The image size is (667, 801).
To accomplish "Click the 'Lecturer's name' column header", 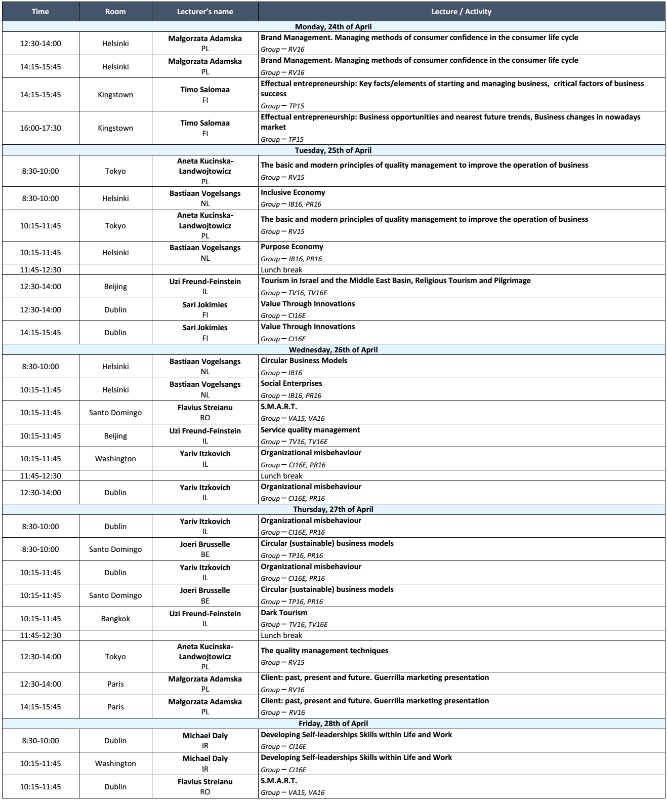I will (205, 12).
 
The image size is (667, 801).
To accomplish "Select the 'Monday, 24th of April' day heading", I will (333, 27).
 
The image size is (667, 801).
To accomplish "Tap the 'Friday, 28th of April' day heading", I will (333, 724).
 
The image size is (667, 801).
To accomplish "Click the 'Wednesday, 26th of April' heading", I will (333, 349).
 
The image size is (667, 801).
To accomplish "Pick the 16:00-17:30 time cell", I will (40, 128).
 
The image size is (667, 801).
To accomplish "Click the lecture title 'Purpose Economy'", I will (292, 247).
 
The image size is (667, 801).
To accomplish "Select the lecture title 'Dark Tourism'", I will (284, 613).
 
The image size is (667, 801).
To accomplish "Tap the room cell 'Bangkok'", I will (115, 618).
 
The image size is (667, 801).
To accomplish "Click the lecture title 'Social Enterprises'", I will (291, 383).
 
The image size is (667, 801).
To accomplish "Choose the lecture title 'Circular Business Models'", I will (304, 361).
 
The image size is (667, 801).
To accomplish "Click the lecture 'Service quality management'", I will (310, 430).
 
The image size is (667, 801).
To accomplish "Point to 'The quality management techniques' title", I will (324, 651).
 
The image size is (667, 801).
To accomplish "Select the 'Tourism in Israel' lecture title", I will (395, 281).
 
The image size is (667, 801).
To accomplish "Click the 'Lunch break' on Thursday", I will (281, 635).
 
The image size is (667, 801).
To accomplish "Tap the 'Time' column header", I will (40, 12).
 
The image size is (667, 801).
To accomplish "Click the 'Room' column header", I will (115, 12).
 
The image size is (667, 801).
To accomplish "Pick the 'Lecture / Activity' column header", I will (461, 12).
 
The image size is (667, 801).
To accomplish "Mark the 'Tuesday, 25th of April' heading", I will (333, 150).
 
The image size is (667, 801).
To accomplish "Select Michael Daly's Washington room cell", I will (115, 764).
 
